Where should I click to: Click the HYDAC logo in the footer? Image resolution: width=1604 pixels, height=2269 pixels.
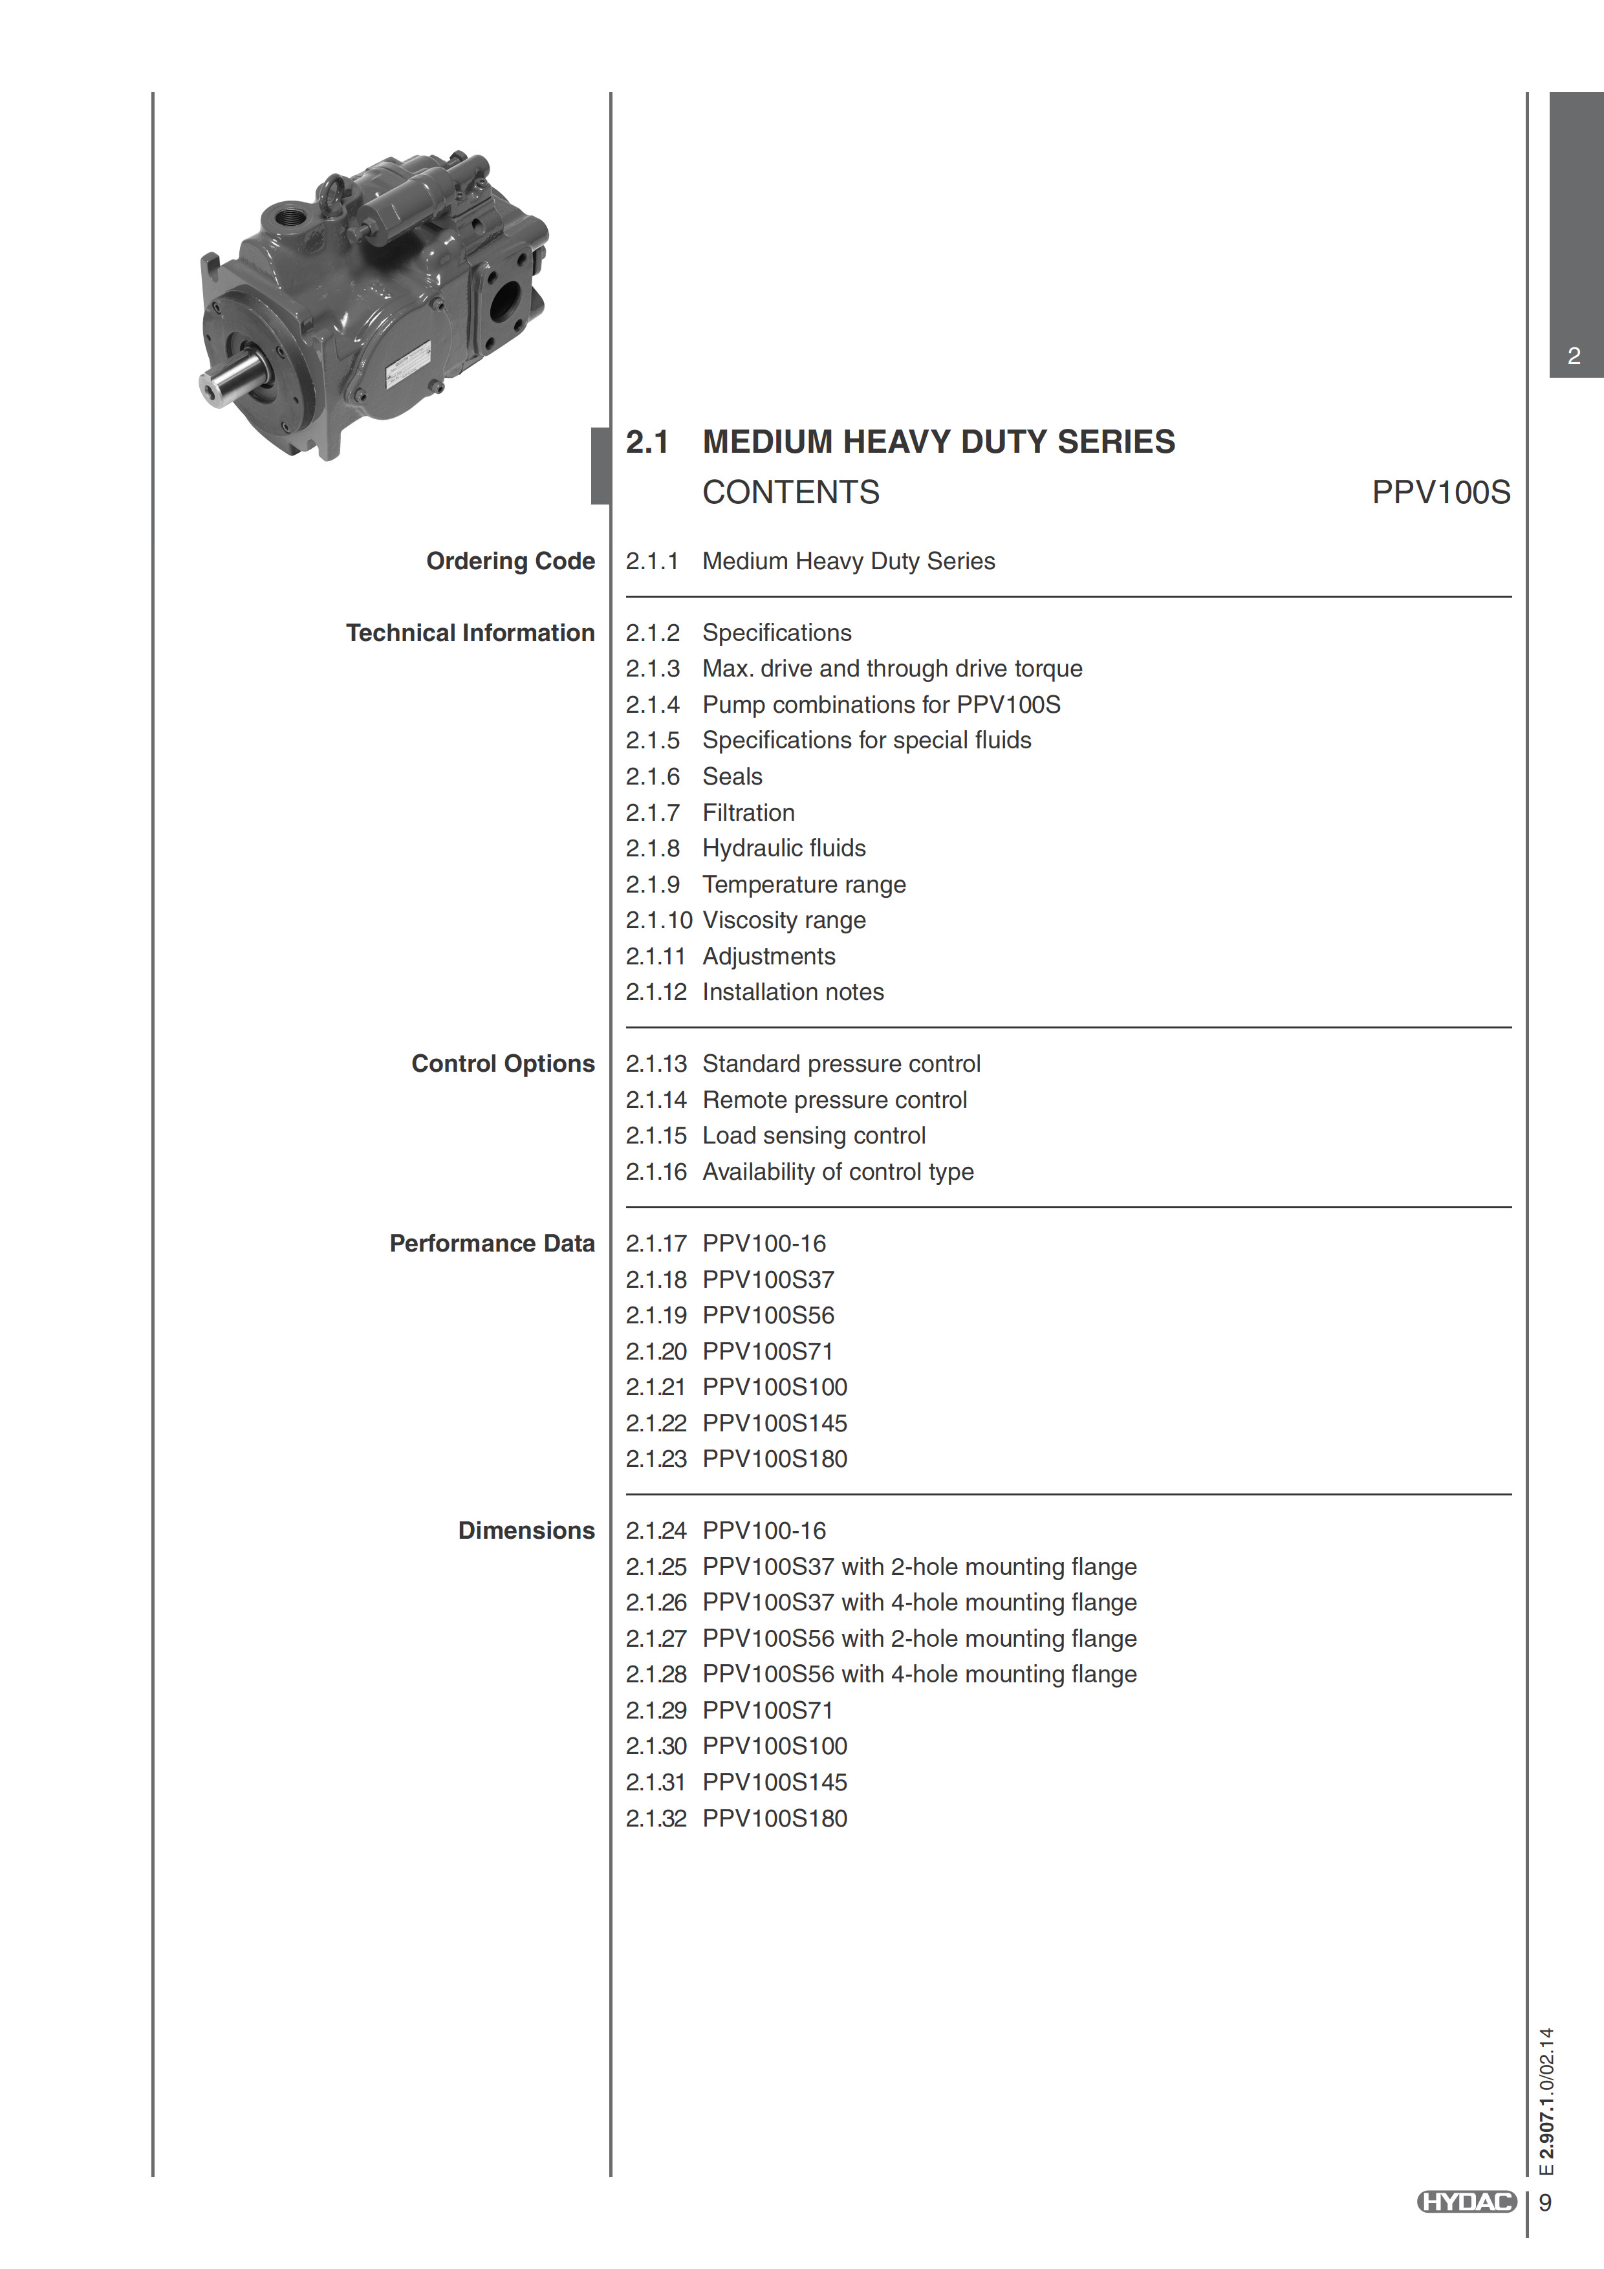[1467, 2202]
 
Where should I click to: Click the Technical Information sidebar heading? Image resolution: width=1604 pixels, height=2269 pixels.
[470, 633]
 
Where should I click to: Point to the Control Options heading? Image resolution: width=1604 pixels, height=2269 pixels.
[503, 1065]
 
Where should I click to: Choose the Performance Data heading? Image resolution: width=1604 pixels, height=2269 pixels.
[492, 1244]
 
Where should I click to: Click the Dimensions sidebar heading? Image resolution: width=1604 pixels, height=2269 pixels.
[526, 1531]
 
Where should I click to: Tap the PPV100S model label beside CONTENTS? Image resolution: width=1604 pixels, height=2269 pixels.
[1440, 492]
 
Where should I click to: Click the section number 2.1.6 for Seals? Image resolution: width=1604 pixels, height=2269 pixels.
[653, 777]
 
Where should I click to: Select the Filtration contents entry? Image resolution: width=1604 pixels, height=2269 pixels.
[748, 813]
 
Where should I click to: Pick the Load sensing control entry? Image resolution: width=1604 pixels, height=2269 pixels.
[814, 1136]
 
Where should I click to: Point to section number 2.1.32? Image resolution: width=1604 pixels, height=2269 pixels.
[655, 1818]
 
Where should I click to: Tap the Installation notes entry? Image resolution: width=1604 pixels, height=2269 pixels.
[792, 992]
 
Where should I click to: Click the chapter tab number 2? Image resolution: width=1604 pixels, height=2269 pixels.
[1574, 356]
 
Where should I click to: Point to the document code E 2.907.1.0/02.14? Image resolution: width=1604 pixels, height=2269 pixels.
[1546, 2101]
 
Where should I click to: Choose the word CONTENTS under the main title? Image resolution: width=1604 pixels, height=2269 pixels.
[790, 492]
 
